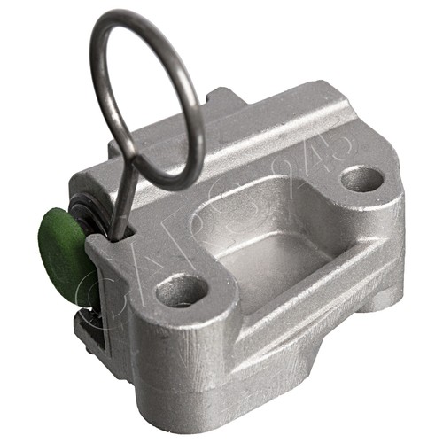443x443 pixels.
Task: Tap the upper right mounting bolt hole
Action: click(x=361, y=178)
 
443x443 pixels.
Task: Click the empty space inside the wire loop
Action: click(x=146, y=97)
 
